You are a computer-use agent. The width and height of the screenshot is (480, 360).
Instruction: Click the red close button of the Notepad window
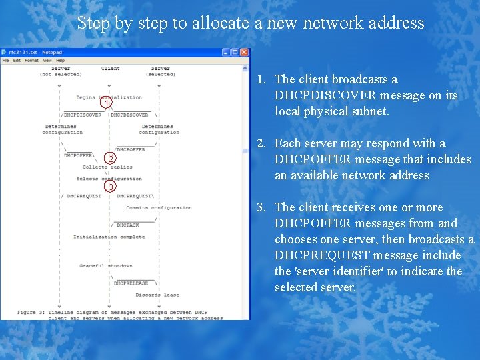click(245, 52)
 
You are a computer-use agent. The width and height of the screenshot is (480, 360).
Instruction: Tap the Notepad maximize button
click(235, 52)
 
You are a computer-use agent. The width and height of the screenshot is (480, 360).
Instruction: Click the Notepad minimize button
click(226, 52)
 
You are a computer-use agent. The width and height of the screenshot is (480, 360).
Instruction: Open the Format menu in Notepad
click(31, 61)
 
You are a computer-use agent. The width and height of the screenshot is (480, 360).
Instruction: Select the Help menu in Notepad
click(60, 61)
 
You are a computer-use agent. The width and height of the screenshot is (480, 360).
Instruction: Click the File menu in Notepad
click(5, 61)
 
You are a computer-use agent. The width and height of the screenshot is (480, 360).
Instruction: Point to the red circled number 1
click(105, 103)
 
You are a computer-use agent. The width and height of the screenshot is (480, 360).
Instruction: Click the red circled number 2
click(111, 159)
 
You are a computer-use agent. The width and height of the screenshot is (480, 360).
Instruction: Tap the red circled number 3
click(111, 187)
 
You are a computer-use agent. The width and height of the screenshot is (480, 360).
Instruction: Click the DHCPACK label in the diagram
click(128, 225)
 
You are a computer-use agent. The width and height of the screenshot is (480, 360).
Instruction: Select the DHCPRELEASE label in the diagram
click(131, 283)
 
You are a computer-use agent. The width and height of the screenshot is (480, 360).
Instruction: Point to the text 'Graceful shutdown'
click(106, 266)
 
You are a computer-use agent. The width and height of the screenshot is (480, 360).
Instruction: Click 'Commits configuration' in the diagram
click(159, 208)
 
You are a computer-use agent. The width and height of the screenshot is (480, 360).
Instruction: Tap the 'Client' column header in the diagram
click(111, 69)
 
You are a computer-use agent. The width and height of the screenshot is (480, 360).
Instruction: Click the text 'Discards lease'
click(157, 295)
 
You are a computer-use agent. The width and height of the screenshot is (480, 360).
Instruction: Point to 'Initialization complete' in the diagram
click(109, 237)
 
